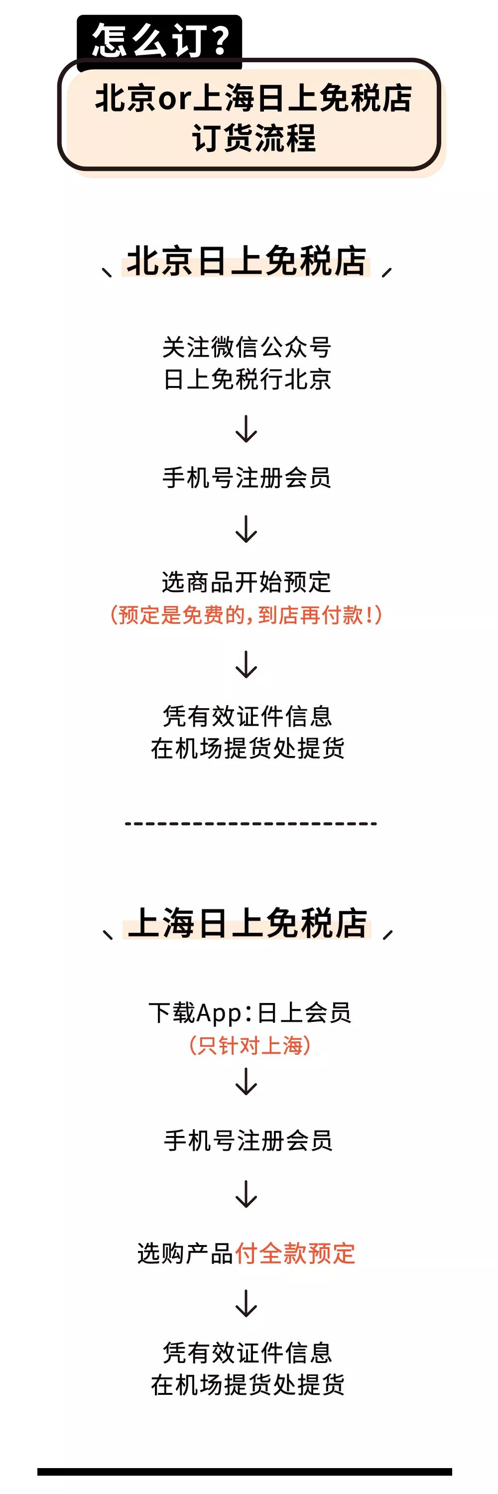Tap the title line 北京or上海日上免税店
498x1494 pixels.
click(x=253, y=98)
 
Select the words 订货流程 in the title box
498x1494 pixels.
click(x=254, y=138)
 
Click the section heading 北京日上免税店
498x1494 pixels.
click(x=247, y=260)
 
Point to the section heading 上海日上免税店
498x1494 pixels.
click(x=247, y=923)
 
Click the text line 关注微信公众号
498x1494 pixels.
click(x=247, y=348)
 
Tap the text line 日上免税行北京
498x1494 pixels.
click(x=247, y=379)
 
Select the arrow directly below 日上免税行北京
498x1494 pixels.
click(x=247, y=429)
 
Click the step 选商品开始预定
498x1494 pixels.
click(x=247, y=582)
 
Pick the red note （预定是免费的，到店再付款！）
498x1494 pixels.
click(x=247, y=615)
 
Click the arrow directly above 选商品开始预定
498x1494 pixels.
click(x=247, y=529)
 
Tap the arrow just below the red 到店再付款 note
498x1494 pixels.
click(x=247, y=665)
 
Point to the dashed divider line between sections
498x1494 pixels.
click(x=251, y=823)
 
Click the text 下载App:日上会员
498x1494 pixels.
click(x=250, y=1012)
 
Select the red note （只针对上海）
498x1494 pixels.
click(x=250, y=1045)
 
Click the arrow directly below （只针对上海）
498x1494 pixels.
click(x=247, y=1081)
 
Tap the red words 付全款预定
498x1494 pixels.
click(x=295, y=1253)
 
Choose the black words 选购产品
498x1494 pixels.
click(x=186, y=1253)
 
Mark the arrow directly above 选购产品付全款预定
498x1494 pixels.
click(x=247, y=1194)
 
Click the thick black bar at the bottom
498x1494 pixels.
click(x=245, y=1472)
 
